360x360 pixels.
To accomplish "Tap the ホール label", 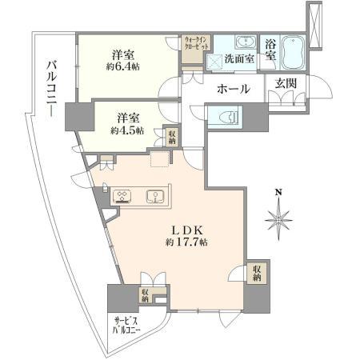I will click(234, 88).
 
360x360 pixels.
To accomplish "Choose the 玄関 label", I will click(286, 84).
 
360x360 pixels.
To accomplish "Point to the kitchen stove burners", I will click(123, 196).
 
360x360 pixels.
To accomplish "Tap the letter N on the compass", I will click(278, 192).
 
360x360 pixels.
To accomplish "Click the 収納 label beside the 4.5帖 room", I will click(172, 137).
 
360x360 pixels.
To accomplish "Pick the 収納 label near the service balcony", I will click(146, 297).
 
